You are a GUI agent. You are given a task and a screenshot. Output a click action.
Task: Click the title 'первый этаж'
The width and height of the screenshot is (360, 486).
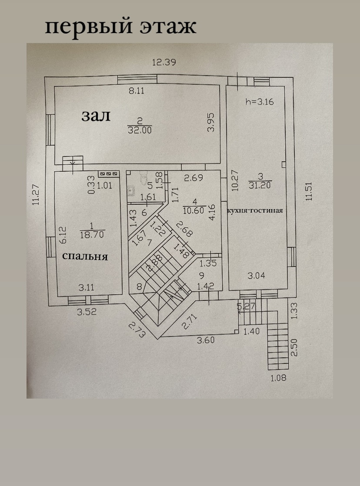click(x=121, y=27)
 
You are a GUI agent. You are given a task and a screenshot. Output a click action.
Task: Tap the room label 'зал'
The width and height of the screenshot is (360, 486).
click(x=96, y=116)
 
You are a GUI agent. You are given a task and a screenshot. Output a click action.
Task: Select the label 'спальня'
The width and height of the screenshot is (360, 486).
click(x=85, y=256)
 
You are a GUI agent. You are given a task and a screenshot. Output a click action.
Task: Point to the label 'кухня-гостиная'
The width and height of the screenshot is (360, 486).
click(x=255, y=210)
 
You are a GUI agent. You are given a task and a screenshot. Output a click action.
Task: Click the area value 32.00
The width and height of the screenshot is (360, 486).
click(x=140, y=130)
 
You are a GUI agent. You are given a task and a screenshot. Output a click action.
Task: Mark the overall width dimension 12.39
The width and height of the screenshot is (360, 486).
click(x=163, y=62)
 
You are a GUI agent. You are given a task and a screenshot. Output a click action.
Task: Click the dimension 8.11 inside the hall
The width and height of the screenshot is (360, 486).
click(x=137, y=91)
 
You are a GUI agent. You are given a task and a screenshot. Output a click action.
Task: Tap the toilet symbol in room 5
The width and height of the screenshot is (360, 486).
click(x=144, y=178)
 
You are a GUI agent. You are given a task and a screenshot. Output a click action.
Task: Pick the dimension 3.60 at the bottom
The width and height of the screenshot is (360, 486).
click(x=206, y=340)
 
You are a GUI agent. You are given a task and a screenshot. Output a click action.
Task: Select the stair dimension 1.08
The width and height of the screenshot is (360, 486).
click(x=278, y=378)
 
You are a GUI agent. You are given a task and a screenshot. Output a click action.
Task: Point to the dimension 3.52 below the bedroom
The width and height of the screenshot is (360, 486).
click(x=86, y=311)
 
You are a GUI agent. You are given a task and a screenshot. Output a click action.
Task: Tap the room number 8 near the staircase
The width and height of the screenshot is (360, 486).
click(x=139, y=286)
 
